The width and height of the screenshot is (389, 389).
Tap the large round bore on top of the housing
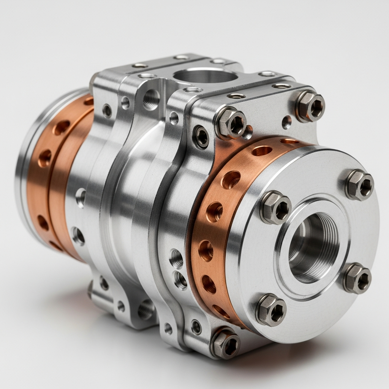tap(206, 76)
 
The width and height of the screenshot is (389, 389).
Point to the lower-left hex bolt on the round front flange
tap(271, 310)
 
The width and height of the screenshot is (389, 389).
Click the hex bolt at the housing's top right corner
tap(310, 106)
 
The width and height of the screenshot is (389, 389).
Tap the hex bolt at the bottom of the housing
tap(226, 343)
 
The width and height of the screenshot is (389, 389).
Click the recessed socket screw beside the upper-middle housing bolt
tap(201, 137)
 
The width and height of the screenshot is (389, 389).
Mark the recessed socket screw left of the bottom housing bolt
tap(196, 327)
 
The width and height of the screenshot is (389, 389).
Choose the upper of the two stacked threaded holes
tap(176, 258)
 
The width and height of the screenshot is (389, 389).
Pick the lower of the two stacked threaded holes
tap(179, 280)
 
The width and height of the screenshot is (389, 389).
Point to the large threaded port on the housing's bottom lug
tap(146, 310)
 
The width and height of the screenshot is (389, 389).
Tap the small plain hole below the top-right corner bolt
tap(287, 122)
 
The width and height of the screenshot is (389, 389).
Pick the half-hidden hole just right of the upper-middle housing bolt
tap(248, 133)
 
